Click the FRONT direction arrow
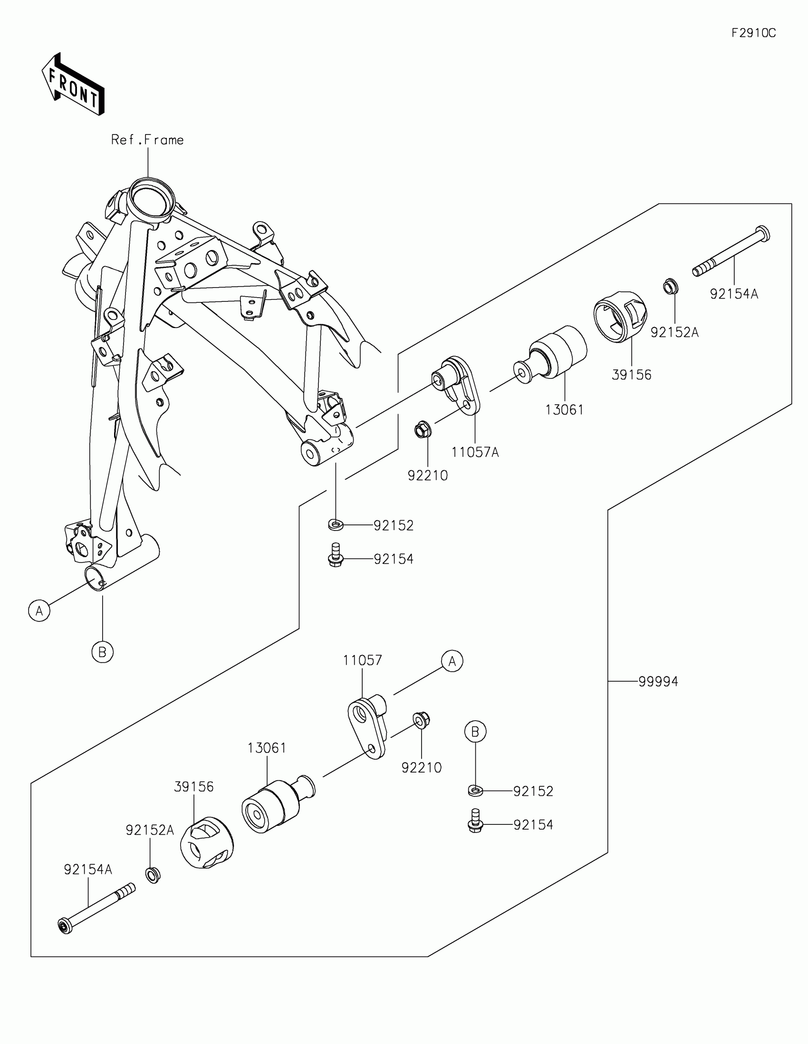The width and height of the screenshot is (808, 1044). click(73, 84)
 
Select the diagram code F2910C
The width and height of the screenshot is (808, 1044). click(753, 33)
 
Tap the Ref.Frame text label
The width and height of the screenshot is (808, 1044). click(147, 140)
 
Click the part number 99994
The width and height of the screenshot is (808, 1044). click(658, 682)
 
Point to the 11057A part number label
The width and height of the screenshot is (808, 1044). click(475, 452)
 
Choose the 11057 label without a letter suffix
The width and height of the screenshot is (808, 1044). click(362, 660)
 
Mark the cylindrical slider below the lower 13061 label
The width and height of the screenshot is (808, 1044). click(278, 804)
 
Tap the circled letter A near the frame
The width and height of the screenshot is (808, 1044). click(39, 610)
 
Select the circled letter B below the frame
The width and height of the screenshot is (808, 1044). click(102, 651)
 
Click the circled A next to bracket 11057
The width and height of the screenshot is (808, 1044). click(452, 661)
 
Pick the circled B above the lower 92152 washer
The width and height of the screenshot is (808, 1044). click(475, 732)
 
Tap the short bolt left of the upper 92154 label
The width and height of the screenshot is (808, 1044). click(336, 555)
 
